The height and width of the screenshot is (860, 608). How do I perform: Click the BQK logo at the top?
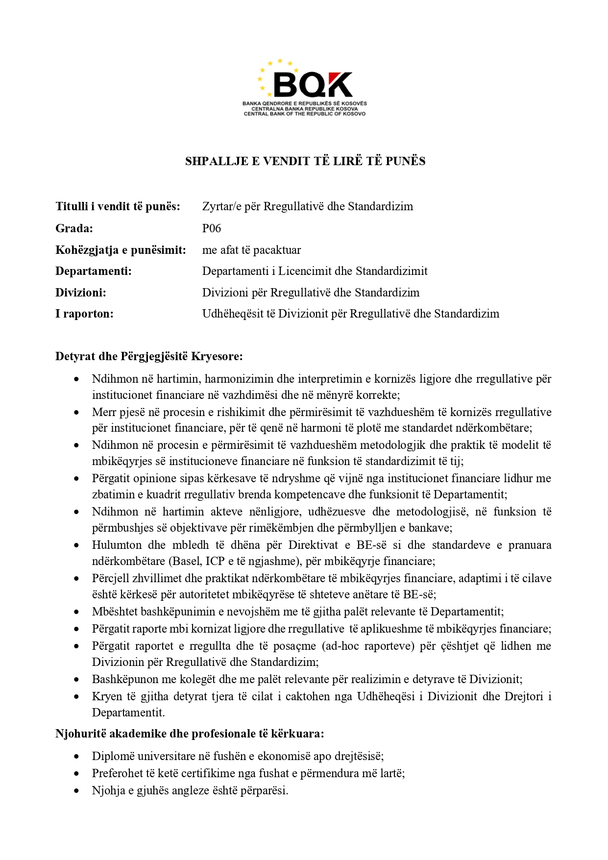pyautogui.click(x=305, y=87)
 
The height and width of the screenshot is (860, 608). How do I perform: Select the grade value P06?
pyautogui.click(x=212, y=228)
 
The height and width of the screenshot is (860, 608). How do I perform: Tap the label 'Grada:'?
pyautogui.click(x=74, y=228)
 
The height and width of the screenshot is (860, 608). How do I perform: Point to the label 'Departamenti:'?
pyautogui.click(x=94, y=271)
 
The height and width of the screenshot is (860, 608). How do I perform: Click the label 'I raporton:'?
pyautogui.click(x=84, y=314)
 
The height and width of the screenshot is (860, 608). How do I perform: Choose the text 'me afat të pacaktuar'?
pyautogui.click(x=251, y=250)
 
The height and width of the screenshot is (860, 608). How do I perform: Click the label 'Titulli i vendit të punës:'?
pyautogui.click(x=118, y=206)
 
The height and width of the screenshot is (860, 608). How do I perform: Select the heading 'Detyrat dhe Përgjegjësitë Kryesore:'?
pyautogui.click(x=149, y=356)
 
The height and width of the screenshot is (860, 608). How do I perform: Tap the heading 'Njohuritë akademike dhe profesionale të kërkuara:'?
pyautogui.click(x=190, y=734)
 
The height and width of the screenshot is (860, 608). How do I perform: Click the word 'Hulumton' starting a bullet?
pyautogui.click(x=116, y=545)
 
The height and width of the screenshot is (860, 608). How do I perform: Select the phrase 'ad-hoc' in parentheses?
pyautogui.click(x=342, y=646)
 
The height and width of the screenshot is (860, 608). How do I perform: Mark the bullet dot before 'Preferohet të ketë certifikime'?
pyautogui.click(x=76, y=773)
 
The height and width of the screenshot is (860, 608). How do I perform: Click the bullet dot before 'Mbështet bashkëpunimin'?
pyautogui.click(x=76, y=612)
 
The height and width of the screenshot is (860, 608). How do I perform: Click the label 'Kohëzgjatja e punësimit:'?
pyautogui.click(x=121, y=250)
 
